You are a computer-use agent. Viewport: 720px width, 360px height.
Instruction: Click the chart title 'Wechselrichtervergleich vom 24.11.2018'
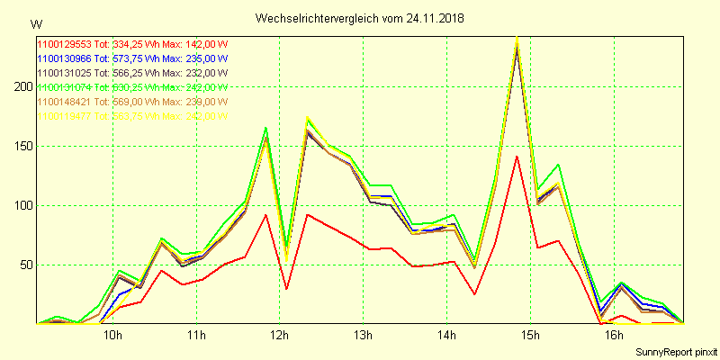click(x=360, y=18)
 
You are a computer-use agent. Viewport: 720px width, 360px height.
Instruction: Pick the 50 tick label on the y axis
click(x=23, y=265)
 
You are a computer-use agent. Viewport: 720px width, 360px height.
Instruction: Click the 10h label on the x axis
click(x=112, y=336)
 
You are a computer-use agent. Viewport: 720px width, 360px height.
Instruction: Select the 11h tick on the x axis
click(x=196, y=336)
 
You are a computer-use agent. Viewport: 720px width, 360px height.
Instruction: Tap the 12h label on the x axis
click(x=280, y=336)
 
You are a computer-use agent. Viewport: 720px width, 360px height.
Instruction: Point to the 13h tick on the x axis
click(x=363, y=336)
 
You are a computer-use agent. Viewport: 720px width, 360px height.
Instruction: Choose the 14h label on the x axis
click(x=446, y=336)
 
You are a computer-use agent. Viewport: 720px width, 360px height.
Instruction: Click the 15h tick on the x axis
click(x=530, y=336)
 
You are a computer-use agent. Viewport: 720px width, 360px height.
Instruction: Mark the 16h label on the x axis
click(x=614, y=336)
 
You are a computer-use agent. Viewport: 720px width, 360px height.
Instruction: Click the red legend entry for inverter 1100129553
click(x=131, y=44)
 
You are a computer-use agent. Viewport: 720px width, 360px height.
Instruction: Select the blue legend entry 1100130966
click(x=131, y=58)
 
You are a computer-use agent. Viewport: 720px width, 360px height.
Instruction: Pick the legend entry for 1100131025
click(x=131, y=73)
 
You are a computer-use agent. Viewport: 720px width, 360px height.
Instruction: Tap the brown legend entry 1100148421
click(x=131, y=102)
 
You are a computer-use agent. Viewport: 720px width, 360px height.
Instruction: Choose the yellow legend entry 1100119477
click(x=131, y=116)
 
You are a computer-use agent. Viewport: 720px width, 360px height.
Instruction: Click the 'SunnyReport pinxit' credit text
click(x=675, y=351)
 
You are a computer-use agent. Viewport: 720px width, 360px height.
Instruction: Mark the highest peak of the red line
click(x=517, y=157)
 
